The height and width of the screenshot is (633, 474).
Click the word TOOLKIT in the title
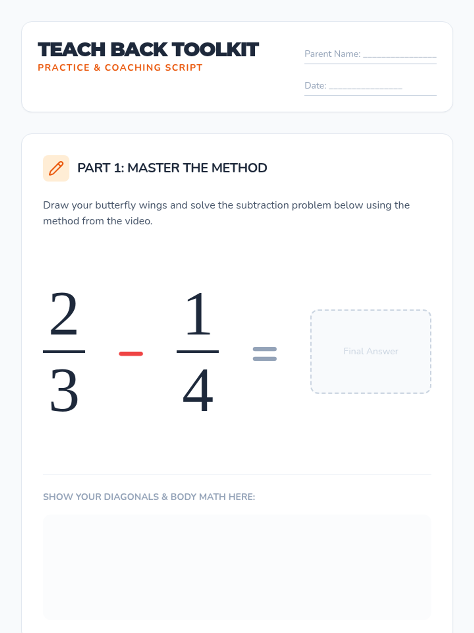(x=215, y=49)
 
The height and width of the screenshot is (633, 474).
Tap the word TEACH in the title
(x=71, y=49)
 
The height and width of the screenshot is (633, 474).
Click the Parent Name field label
(x=333, y=54)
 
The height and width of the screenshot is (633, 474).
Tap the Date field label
(x=316, y=85)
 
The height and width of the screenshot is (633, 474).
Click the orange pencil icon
(x=56, y=169)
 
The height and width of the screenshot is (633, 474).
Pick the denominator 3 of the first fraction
(x=64, y=391)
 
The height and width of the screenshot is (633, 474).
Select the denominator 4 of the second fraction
(x=198, y=390)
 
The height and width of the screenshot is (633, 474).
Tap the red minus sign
(x=131, y=354)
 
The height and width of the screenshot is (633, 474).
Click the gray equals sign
(x=265, y=354)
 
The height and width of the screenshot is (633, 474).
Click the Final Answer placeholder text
(x=371, y=351)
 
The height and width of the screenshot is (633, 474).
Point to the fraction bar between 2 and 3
(x=64, y=352)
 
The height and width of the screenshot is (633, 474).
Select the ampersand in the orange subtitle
(x=97, y=68)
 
